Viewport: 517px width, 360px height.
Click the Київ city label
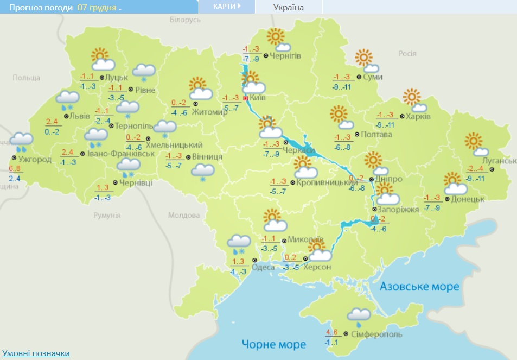click(x=258, y=98)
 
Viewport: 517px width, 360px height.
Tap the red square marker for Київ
click(x=245, y=98)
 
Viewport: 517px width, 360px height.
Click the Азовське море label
click(x=419, y=286)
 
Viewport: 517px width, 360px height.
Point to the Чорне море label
click(x=274, y=344)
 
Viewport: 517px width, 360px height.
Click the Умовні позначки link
click(x=36, y=353)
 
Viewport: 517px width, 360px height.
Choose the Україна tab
click(x=288, y=7)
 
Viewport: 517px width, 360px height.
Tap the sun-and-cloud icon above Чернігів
click(x=278, y=40)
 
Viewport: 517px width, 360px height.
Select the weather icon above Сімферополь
click(x=359, y=315)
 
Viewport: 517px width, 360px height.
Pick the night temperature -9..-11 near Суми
click(x=343, y=86)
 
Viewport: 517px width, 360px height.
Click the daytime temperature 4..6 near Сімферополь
click(x=332, y=333)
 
